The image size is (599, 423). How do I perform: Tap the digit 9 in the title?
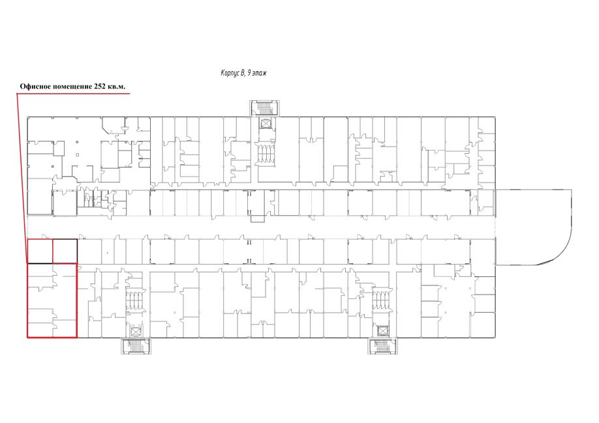click(249, 72)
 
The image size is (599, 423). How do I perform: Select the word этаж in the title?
click(260, 73)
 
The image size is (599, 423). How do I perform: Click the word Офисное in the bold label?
click(35, 87)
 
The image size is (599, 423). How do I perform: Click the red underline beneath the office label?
click(73, 93)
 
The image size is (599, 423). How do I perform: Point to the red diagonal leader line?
click(22, 178)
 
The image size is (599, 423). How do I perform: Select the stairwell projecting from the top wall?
click(265, 108)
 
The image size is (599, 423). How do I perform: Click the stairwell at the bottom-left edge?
click(136, 346)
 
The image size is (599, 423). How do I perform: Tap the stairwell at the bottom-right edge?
click(382, 346)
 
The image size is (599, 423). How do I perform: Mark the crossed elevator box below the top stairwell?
click(265, 124)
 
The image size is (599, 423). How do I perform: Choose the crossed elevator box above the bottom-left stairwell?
click(136, 331)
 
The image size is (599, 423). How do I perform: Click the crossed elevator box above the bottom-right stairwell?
click(382, 331)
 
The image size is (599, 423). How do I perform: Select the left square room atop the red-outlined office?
click(40, 251)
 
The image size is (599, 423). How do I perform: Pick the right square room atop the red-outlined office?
click(65, 251)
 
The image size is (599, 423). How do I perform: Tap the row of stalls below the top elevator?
click(265, 154)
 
